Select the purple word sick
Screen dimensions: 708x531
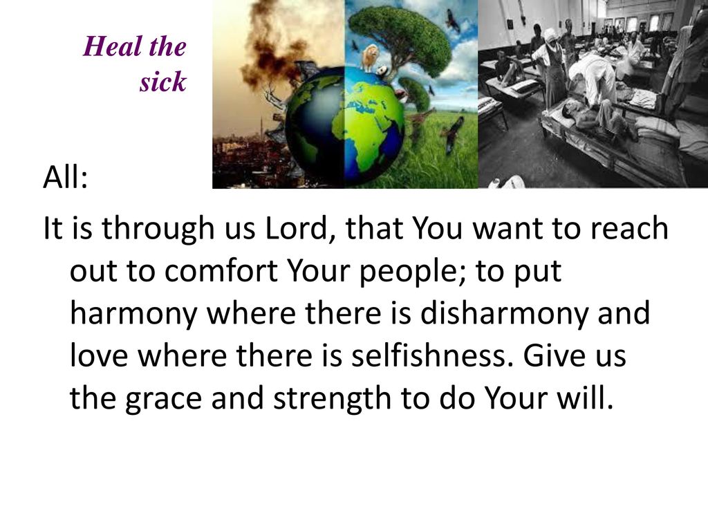(x=163, y=82)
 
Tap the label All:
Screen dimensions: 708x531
(x=66, y=177)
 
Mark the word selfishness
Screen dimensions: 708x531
(x=433, y=355)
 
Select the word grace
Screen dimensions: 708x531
(x=163, y=399)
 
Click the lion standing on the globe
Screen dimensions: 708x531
(x=371, y=58)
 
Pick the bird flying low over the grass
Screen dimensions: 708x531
(x=454, y=134)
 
